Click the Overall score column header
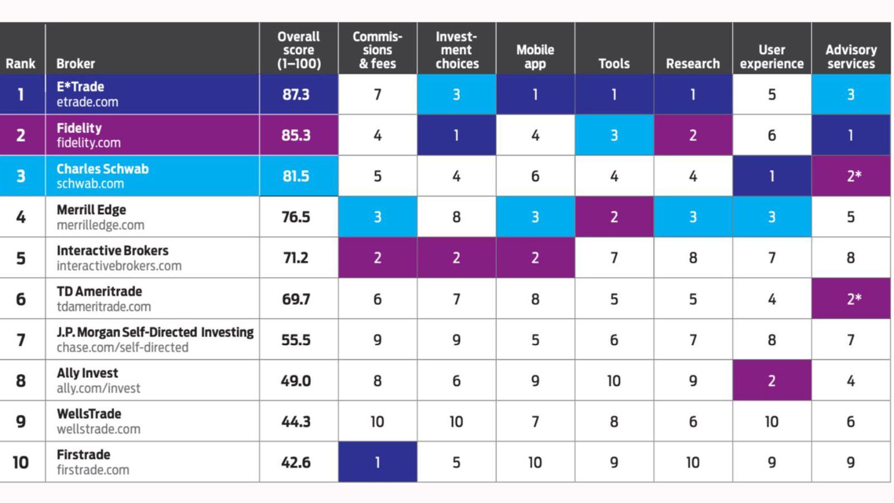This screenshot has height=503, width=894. pos(298,50)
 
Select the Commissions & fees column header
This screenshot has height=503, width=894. pos(377,50)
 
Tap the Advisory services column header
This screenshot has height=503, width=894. pos(850,56)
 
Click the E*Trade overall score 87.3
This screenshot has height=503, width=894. pos(296,94)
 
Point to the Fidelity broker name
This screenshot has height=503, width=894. pos(79,128)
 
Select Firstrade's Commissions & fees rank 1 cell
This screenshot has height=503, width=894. pos(377,462)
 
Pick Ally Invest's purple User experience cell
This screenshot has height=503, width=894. pos(772,381)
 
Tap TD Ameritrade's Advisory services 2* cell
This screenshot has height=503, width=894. pos(850,299)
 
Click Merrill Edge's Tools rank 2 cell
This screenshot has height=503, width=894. pos(614,217)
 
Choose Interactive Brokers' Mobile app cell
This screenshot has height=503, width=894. pos(535,258)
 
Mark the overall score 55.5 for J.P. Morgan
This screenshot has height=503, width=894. pos(296,340)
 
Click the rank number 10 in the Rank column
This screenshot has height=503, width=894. pos(21,462)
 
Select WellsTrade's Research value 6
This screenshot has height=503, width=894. pos(692,421)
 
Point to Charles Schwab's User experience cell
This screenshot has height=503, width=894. pos(772,176)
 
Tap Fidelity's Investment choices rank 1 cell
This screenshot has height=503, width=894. pos(456,135)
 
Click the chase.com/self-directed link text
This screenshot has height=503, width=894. pos(122,348)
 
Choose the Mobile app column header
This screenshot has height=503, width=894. pos(535,56)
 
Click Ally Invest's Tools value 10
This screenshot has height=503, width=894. pos(614,381)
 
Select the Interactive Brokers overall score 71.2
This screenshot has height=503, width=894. pos(296,258)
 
